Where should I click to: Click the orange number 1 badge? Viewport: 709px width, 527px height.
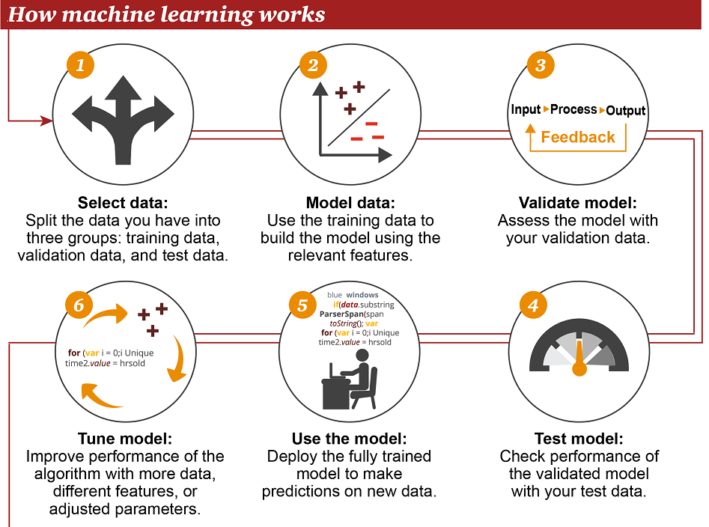click(79, 64)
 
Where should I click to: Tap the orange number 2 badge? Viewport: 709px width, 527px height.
click(311, 64)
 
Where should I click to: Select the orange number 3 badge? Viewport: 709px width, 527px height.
click(540, 64)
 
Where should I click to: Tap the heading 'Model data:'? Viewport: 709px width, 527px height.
click(350, 204)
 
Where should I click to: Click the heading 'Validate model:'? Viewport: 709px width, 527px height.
click(578, 204)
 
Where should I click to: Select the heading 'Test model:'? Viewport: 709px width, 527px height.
click(579, 439)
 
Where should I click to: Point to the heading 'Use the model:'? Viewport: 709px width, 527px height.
click(349, 439)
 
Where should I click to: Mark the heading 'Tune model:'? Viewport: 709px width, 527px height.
click(125, 439)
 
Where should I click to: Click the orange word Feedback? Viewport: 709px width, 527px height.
click(577, 137)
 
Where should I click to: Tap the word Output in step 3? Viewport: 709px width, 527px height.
click(625, 111)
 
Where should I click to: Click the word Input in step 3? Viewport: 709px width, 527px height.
click(526, 109)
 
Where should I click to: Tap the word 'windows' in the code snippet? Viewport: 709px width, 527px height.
click(362, 295)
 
